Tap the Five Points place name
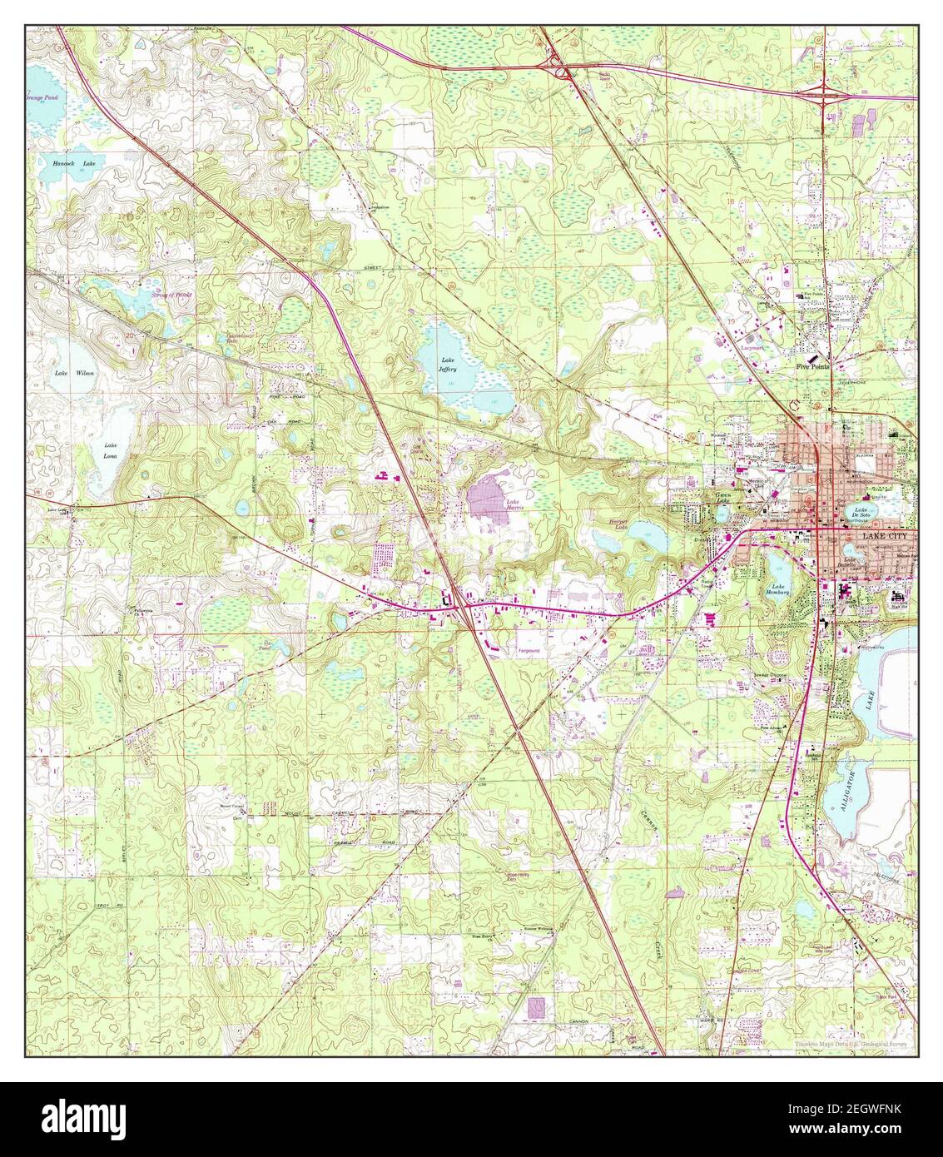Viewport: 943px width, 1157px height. (x=812, y=366)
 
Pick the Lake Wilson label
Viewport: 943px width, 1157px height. (x=74, y=373)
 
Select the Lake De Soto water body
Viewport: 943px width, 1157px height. (x=861, y=513)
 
